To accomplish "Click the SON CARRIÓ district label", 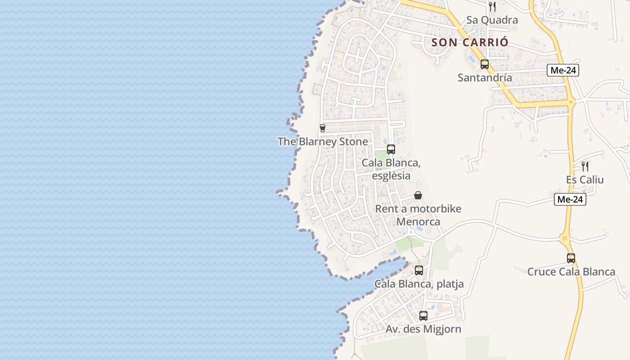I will pos(470,43).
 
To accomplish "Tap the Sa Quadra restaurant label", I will pos(492,20).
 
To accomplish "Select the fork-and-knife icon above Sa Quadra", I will pos(492,7).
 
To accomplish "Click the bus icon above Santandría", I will pos(485,64).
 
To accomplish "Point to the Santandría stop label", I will pos(485,77).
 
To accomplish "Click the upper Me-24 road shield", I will pos(563,70).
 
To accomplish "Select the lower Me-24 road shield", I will pos(570,199).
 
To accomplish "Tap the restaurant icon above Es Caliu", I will pos(585,166).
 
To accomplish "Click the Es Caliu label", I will pos(585,180).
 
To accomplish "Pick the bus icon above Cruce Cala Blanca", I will pos(571,258).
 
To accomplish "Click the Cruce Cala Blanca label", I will pos(571,272).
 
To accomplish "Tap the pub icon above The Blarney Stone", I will pos(322,128).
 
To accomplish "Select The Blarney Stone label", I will pos(323,142).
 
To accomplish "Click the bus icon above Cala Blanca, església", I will pos(391,149).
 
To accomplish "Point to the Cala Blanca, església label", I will pos(391,169).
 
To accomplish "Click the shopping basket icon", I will pos(418,195).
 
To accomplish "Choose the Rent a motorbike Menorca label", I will pos(418,215).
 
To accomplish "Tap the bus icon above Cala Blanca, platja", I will pos(419,270).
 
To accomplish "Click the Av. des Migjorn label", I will pos(423,329).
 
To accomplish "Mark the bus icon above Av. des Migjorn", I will pos(423,316).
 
